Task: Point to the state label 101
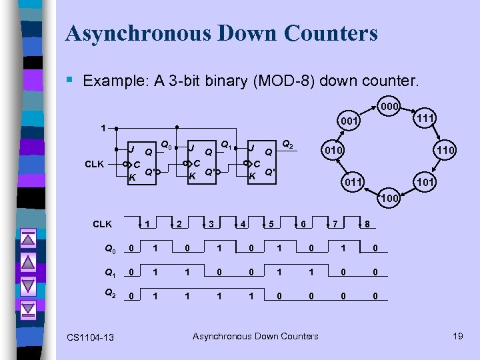425,181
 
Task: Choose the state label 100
389,198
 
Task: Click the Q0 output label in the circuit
167,143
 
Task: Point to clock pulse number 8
367,223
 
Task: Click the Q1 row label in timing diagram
111,273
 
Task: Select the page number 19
457,336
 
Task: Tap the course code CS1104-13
90,338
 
